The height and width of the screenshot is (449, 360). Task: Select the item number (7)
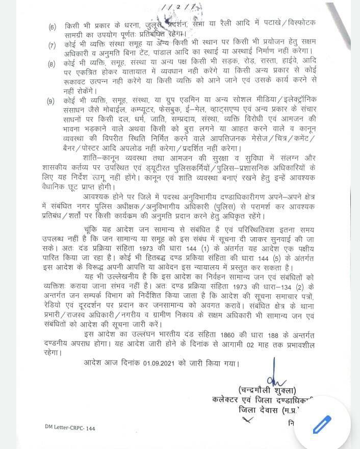[x=53, y=45]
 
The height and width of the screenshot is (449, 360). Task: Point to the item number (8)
[x=53, y=64]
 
